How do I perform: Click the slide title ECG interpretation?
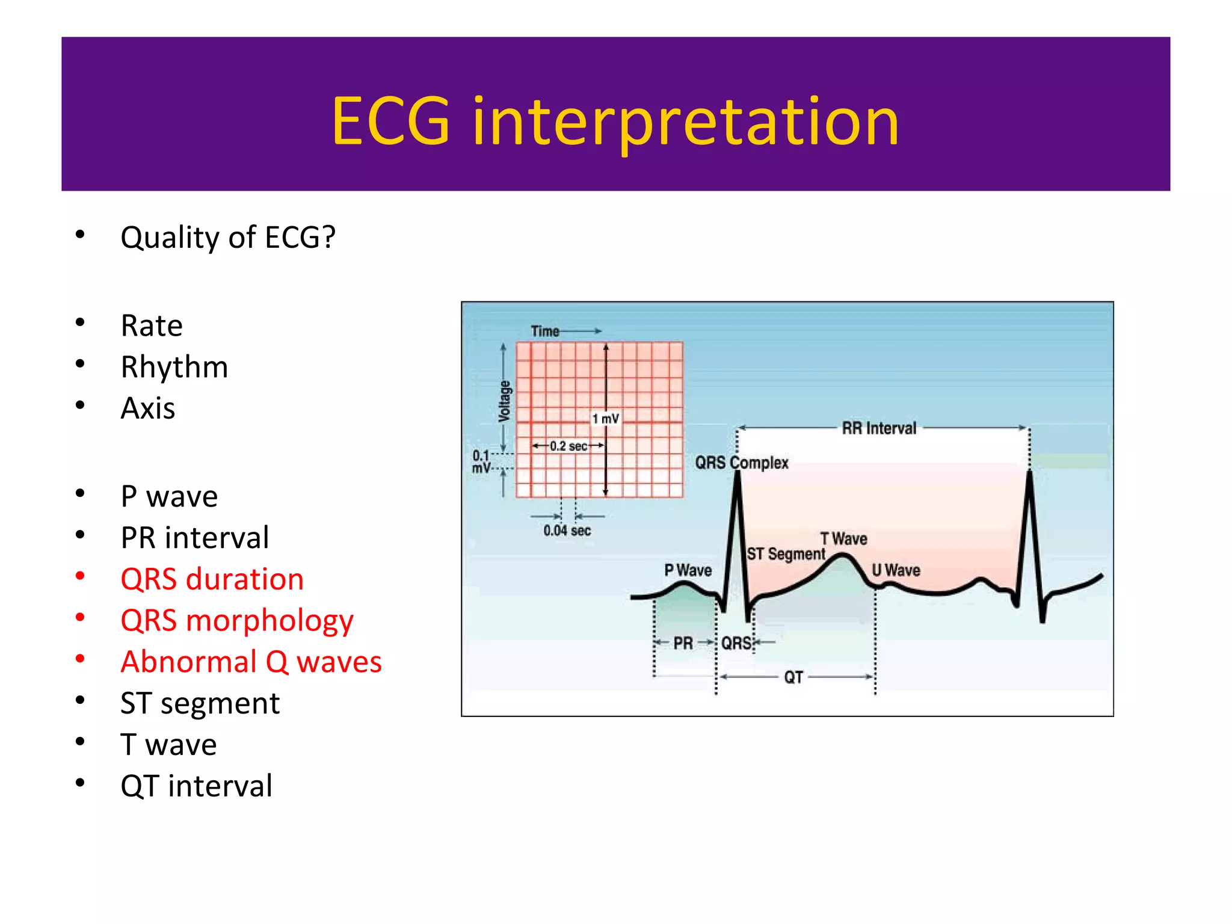pos(615,122)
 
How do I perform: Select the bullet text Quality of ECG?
pos(227,237)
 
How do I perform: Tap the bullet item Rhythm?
pos(174,367)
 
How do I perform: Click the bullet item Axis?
pos(148,408)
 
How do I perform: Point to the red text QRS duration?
pos(212,579)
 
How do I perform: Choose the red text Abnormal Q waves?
pos(251,662)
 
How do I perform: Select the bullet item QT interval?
pos(196,786)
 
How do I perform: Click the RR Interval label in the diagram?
pos(879,428)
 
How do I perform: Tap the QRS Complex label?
pos(742,463)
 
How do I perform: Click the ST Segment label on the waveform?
pos(786,553)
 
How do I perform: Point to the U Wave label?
pos(896,570)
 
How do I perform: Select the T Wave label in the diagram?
pos(843,538)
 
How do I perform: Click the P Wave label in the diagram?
pos(688,570)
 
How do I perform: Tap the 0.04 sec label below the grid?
pos(567,531)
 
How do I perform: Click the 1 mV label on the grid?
pos(605,419)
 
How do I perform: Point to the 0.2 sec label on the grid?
pos(568,446)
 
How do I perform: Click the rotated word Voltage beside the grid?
pos(505,401)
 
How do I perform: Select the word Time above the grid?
pos(545,331)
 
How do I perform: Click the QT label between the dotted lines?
pos(793,677)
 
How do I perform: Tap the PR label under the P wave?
pos(683,643)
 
